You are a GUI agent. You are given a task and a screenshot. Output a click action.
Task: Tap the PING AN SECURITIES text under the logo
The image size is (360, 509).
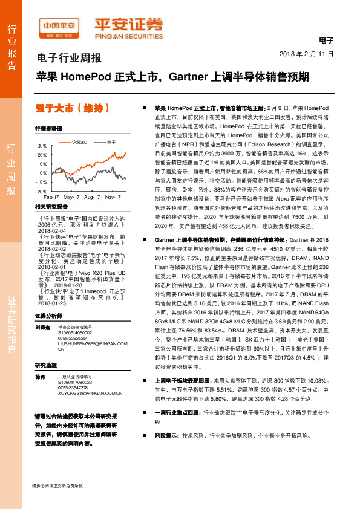point(128,35)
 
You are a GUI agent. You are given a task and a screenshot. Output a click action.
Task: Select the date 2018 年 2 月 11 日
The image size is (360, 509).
point(307,54)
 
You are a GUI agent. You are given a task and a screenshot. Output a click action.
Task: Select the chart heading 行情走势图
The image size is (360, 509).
point(48,129)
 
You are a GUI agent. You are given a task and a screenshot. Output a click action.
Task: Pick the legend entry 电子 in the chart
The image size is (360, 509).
point(111,141)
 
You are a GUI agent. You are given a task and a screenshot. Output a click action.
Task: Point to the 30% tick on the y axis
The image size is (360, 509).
point(41,146)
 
